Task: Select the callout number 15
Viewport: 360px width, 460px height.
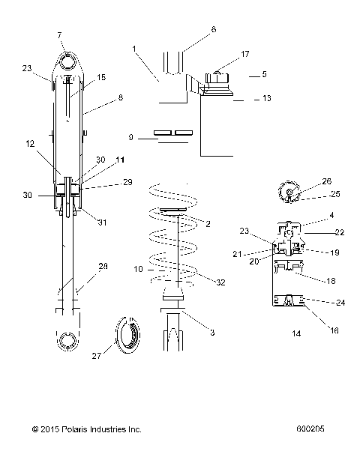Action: click(101, 78)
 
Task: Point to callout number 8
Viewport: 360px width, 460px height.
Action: click(99, 97)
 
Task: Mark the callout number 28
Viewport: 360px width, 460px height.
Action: click(103, 267)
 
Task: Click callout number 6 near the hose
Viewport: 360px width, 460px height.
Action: click(213, 29)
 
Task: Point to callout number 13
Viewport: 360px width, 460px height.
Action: click(266, 98)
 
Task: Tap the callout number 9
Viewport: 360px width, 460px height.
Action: click(132, 137)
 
